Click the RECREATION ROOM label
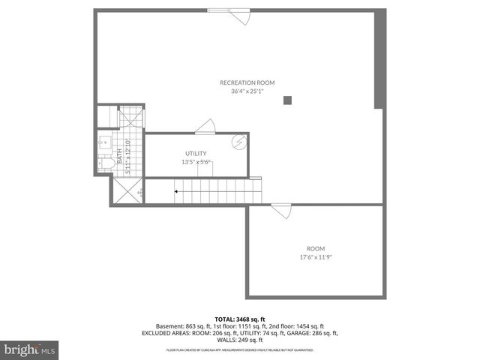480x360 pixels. click(x=247, y=82)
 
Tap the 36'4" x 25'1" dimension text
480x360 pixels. click(x=247, y=91)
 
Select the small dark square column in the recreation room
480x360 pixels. click(x=287, y=100)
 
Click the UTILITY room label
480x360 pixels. click(x=196, y=153)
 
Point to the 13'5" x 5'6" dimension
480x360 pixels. click(x=196, y=162)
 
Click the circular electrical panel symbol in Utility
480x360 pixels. click(x=238, y=142)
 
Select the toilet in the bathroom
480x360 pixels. click(x=106, y=163)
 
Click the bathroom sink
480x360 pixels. click(x=104, y=140)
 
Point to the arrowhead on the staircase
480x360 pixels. click(x=176, y=192)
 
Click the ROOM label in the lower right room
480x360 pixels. click(x=316, y=248)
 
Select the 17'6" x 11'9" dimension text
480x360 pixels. click(x=316, y=257)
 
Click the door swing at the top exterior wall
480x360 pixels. click(x=241, y=16)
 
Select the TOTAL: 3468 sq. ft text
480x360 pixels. click(x=239, y=319)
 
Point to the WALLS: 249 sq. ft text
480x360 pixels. click(x=239, y=340)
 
